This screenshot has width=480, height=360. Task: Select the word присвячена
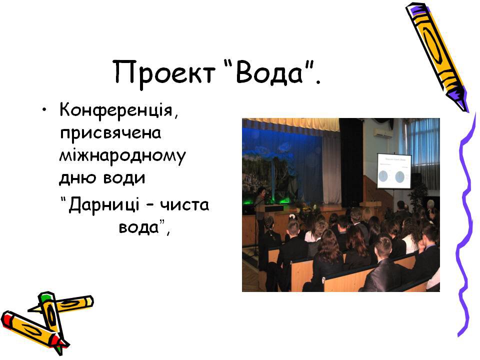[x=110, y=133]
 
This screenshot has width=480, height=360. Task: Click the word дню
[x=77, y=178]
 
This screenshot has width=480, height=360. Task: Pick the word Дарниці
[x=104, y=205]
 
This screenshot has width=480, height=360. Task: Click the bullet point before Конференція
[x=44, y=110]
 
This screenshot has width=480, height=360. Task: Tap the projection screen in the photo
[x=393, y=171]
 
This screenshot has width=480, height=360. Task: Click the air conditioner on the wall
[x=382, y=133]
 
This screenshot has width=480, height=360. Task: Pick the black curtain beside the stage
[x=351, y=162]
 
